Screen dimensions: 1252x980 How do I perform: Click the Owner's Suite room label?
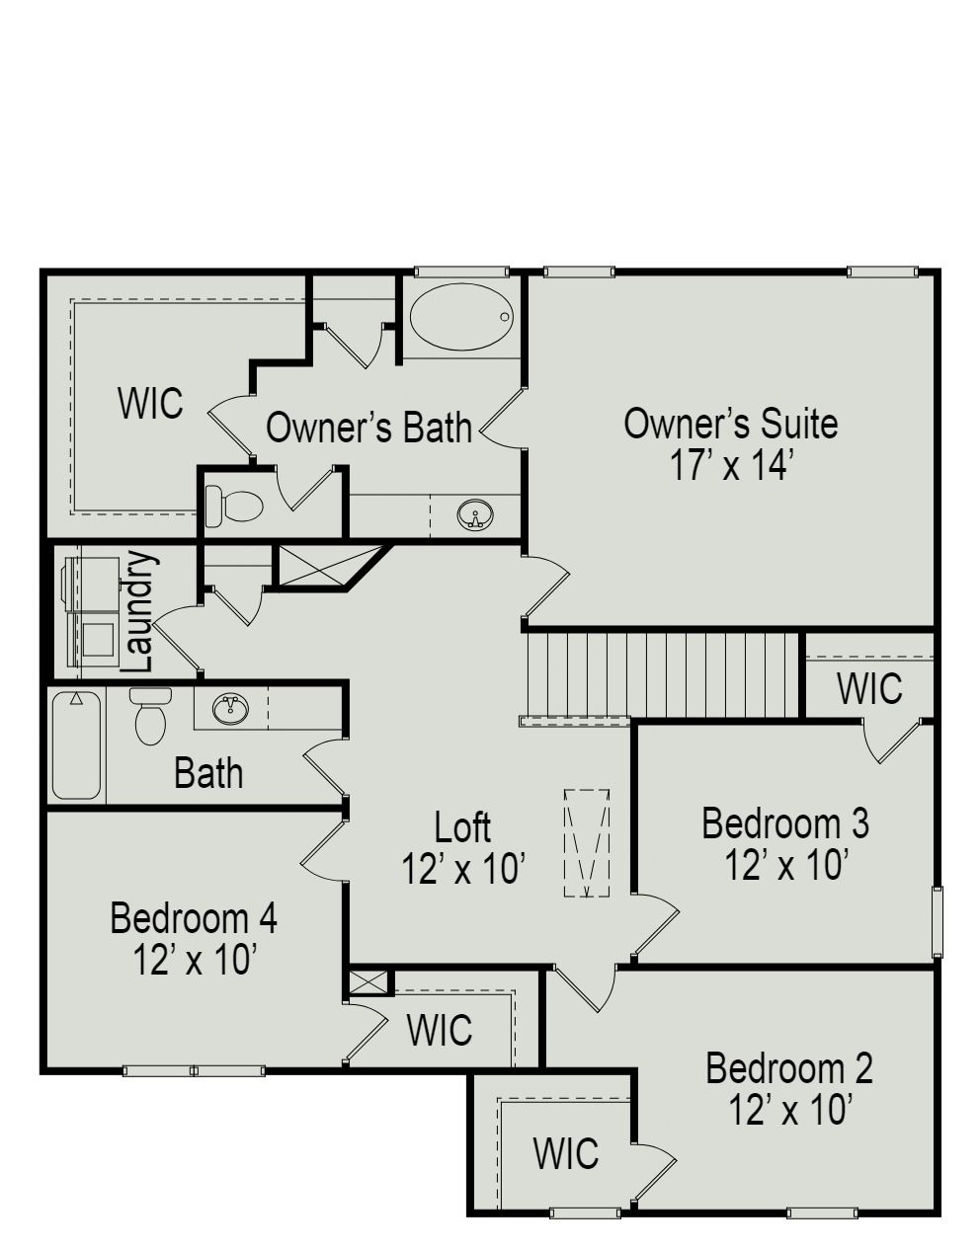(x=730, y=424)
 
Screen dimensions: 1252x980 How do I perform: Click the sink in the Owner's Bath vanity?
(x=475, y=515)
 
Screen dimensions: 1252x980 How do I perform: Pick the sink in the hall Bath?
(x=230, y=708)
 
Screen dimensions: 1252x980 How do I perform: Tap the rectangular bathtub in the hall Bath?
(x=76, y=744)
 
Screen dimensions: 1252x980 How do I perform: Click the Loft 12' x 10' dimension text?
(x=462, y=870)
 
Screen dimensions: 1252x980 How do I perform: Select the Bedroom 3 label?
(x=785, y=822)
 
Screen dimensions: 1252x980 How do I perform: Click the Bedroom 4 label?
(x=194, y=918)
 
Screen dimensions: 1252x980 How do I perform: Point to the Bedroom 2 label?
(x=789, y=1068)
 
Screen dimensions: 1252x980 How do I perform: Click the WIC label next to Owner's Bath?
(x=150, y=403)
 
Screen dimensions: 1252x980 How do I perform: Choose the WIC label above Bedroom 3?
(x=869, y=688)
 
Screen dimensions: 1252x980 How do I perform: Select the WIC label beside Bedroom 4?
(x=440, y=1031)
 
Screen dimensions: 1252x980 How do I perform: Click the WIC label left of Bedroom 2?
(x=565, y=1152)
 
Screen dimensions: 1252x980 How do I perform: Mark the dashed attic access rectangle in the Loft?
(x=587, y=842)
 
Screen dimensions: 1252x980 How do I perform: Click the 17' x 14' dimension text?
(x=730, y=465)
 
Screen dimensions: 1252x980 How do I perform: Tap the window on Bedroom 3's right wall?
(x=938, y=921)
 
